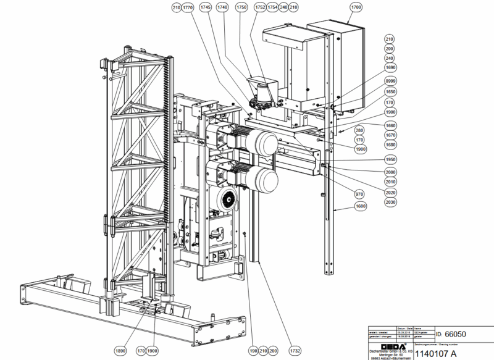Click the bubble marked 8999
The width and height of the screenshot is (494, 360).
coord(390,81)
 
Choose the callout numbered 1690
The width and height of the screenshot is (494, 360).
coord(390,67)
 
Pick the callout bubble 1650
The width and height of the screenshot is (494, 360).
coord(390,91)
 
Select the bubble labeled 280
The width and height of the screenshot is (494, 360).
coord(359,130)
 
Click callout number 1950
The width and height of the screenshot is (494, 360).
coord(390,159)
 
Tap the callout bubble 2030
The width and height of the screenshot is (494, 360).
coord(390,201)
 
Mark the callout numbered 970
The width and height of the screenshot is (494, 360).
coord(359,193)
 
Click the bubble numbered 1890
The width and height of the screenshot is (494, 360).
coord(120,351)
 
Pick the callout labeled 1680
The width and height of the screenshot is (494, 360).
coord(390,145)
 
